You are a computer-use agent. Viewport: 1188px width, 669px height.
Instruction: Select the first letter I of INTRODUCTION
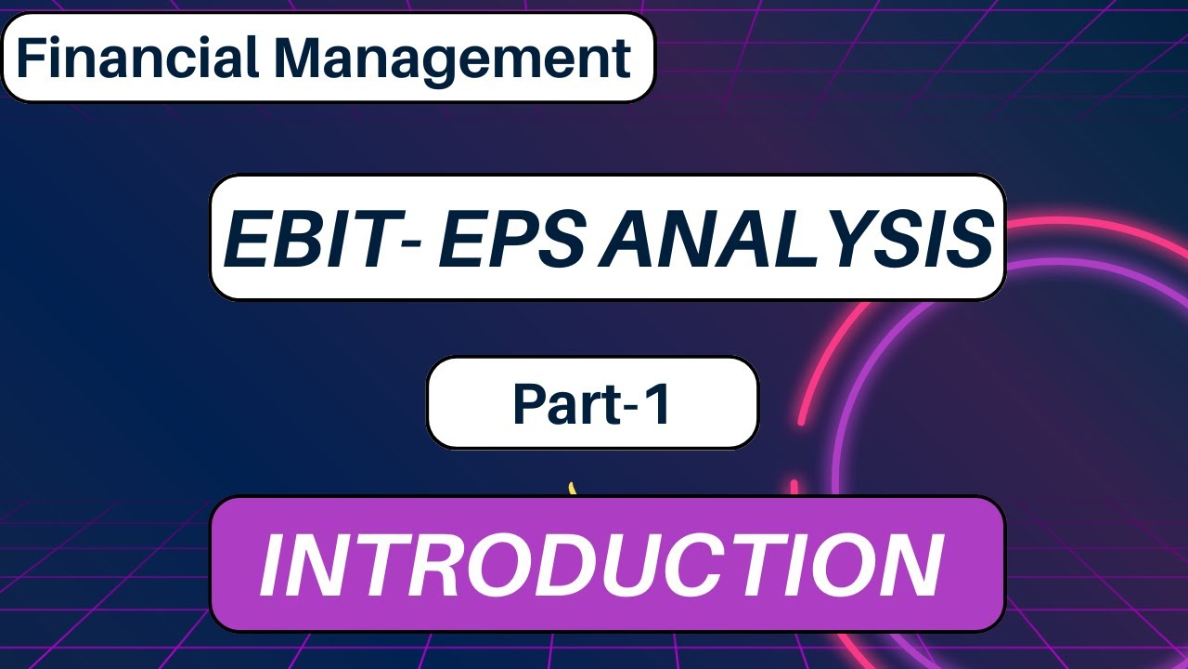275,564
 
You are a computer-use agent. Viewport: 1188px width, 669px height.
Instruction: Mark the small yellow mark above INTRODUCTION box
573,489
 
